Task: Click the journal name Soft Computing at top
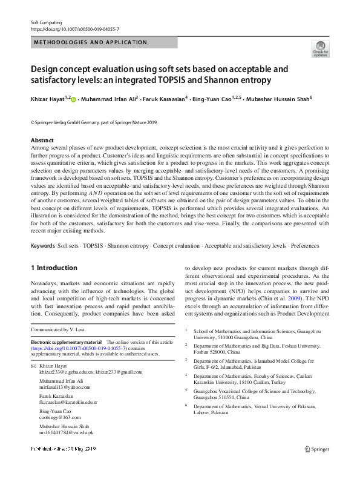pyautogui.click(x=47, y=22)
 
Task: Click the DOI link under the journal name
pyautogui.click(x=74, y=29)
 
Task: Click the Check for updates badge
pyautogui.click(x=320, y=48)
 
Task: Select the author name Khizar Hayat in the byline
pyautogui.click(x=48, y=97)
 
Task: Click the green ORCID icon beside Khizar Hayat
pyautogui.click(x=74, y=97)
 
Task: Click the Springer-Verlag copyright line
pyautogui.click(x=93, y=122)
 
